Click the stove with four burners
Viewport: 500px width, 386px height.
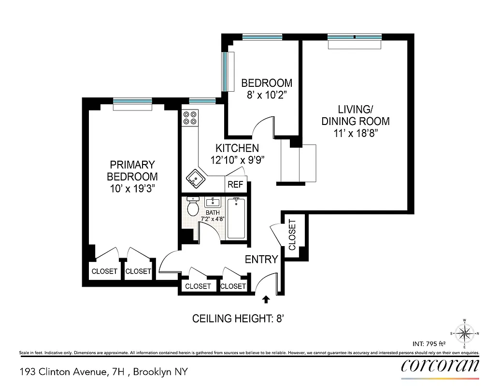190,118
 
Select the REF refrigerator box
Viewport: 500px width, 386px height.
235,184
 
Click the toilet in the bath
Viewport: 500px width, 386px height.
193,207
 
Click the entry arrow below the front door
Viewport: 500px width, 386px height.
265,300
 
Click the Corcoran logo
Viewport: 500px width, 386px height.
440,365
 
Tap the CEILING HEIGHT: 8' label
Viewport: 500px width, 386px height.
241,318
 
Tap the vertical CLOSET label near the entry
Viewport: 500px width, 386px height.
292,235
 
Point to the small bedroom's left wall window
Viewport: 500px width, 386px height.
225,71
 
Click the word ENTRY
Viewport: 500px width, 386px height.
261,260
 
